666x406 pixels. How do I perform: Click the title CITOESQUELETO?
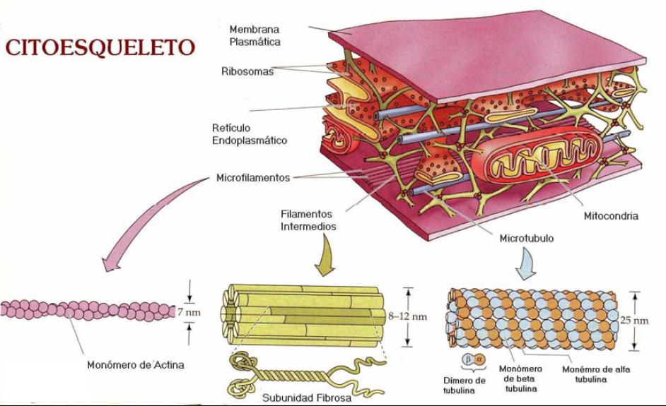click(x=100, y=47)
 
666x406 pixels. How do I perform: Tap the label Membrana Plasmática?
click(x=255, y=35)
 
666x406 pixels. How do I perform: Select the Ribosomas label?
click(x=247, y=71)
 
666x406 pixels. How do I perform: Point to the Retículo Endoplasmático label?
click(x=250, y=134)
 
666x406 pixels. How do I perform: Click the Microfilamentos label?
click(x=253, y=177)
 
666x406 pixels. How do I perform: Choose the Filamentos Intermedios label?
click(x=308, y=220)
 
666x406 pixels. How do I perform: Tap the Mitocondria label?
click(x=611, y=216)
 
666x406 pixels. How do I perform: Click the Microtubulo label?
click(x=526, y=239)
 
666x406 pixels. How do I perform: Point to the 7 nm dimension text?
click(x=189, y=313)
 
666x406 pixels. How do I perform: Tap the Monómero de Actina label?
click(x=136, y=365)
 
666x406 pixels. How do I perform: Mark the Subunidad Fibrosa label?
click(x=307, y=398)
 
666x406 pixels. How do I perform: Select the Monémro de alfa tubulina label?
click(x=596, y=374)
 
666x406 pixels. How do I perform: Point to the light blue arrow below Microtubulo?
click(x=527, y=264)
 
